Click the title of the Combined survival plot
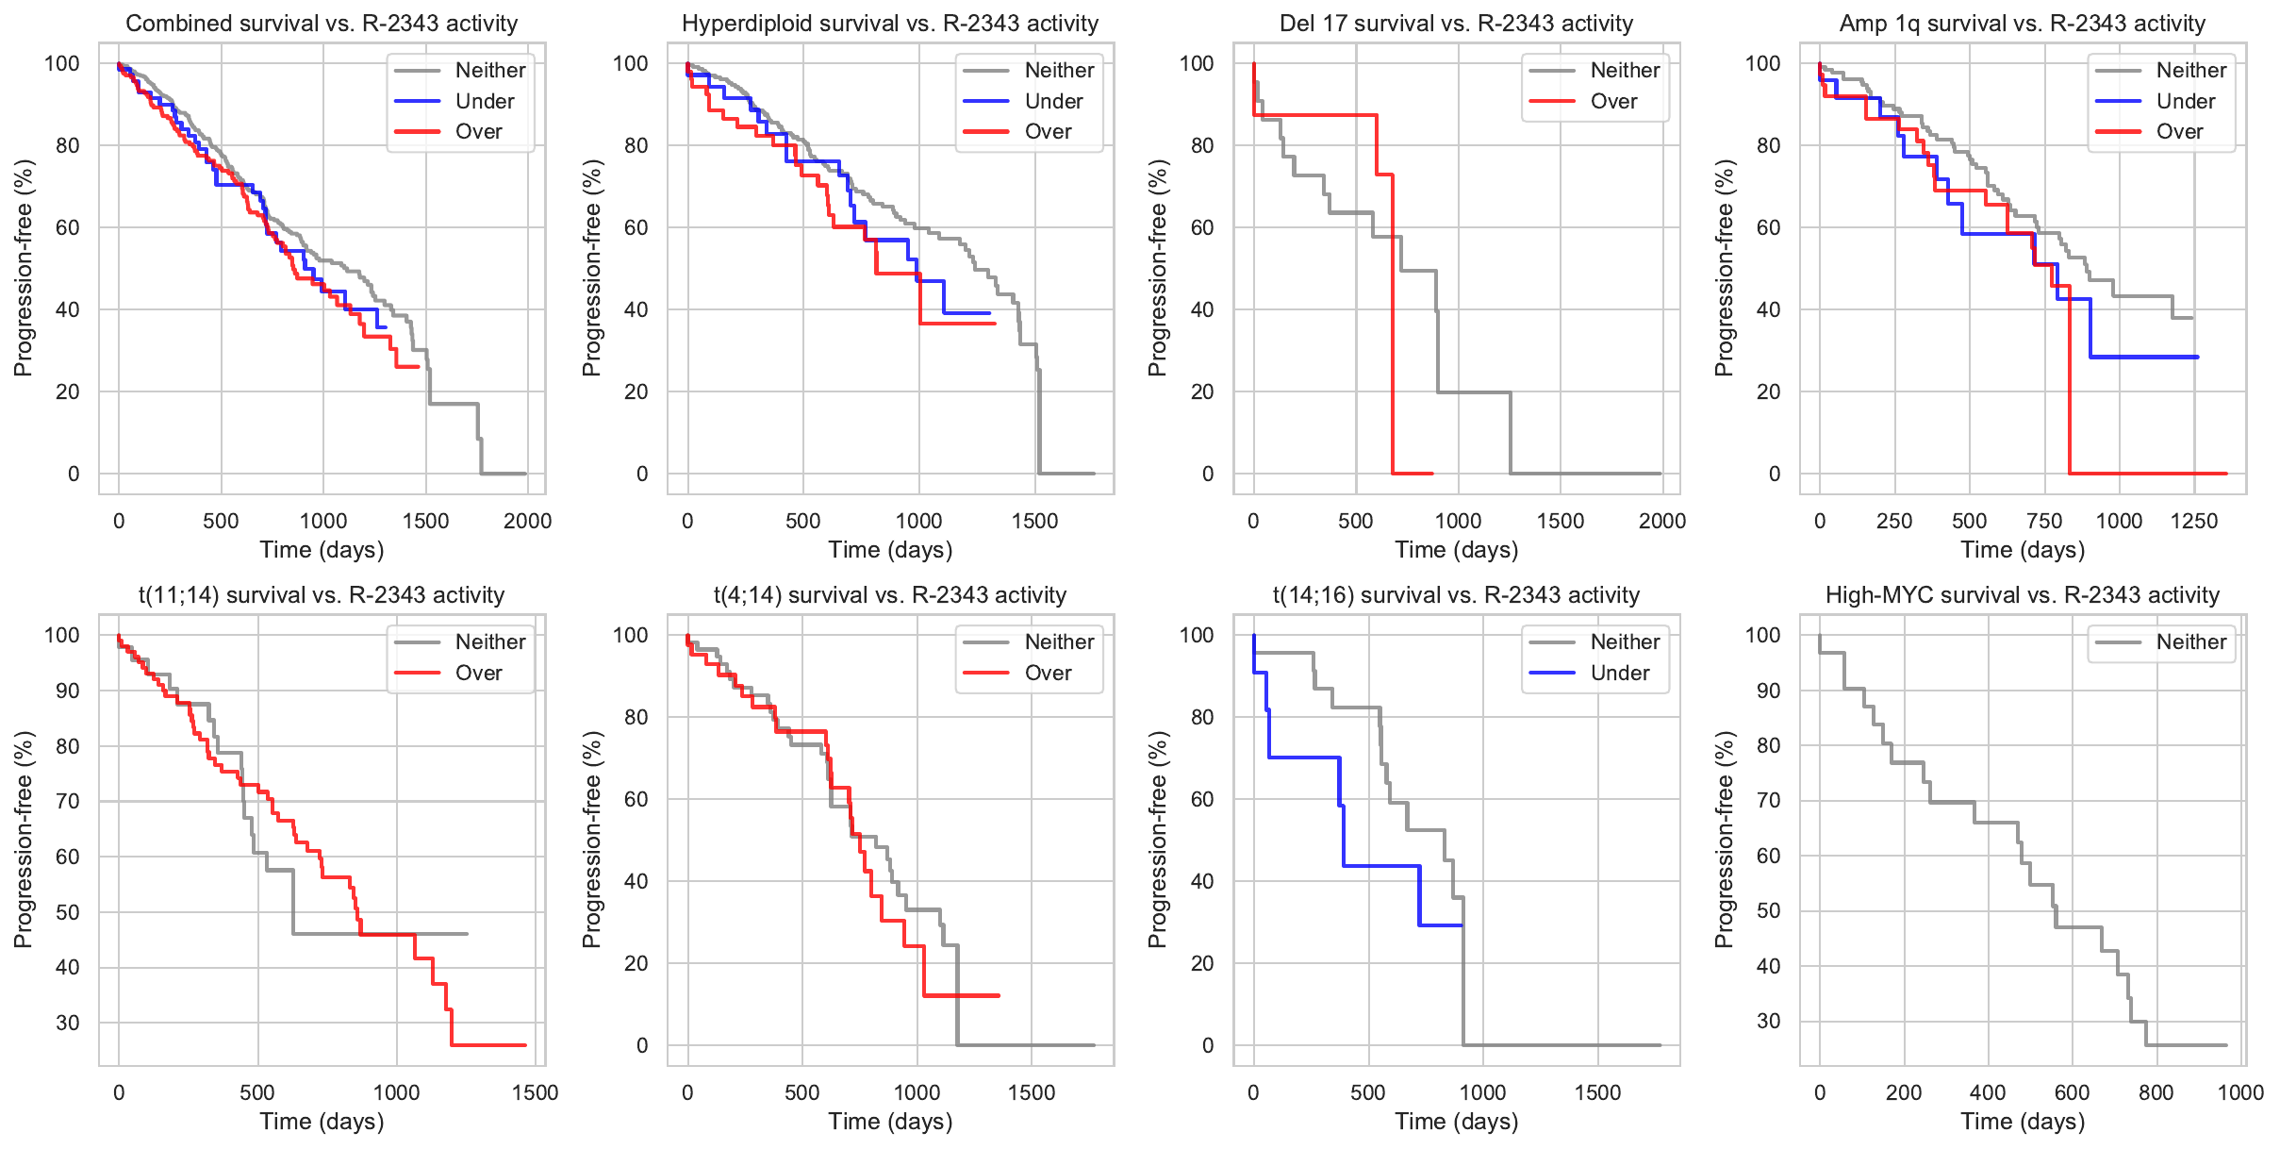pos(322,24)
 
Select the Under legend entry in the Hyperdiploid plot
pos(1053,101)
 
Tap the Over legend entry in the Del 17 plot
pos(1613,101)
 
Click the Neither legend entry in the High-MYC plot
pos(2190,642)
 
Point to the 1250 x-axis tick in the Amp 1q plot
pos(2193,521)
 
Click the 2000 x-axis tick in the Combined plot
pos(527,521)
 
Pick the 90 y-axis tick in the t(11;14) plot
pos(68,691)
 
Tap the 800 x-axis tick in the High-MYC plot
pos(2156,1092)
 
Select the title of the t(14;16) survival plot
pos(1456,595)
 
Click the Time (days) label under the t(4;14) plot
pos(890,1122)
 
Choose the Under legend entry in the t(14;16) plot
pos(1619,673)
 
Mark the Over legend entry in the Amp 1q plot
pos(2179,131)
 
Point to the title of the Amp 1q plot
pos(2022,24)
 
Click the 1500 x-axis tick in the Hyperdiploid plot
pos(1034,521)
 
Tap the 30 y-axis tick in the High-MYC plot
pos(1768,1021)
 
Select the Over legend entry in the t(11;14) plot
pos(478,673)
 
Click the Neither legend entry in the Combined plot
pos(489,70)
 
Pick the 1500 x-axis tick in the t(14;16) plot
pos(1597,1092)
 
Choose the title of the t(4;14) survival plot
pos(890,595)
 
